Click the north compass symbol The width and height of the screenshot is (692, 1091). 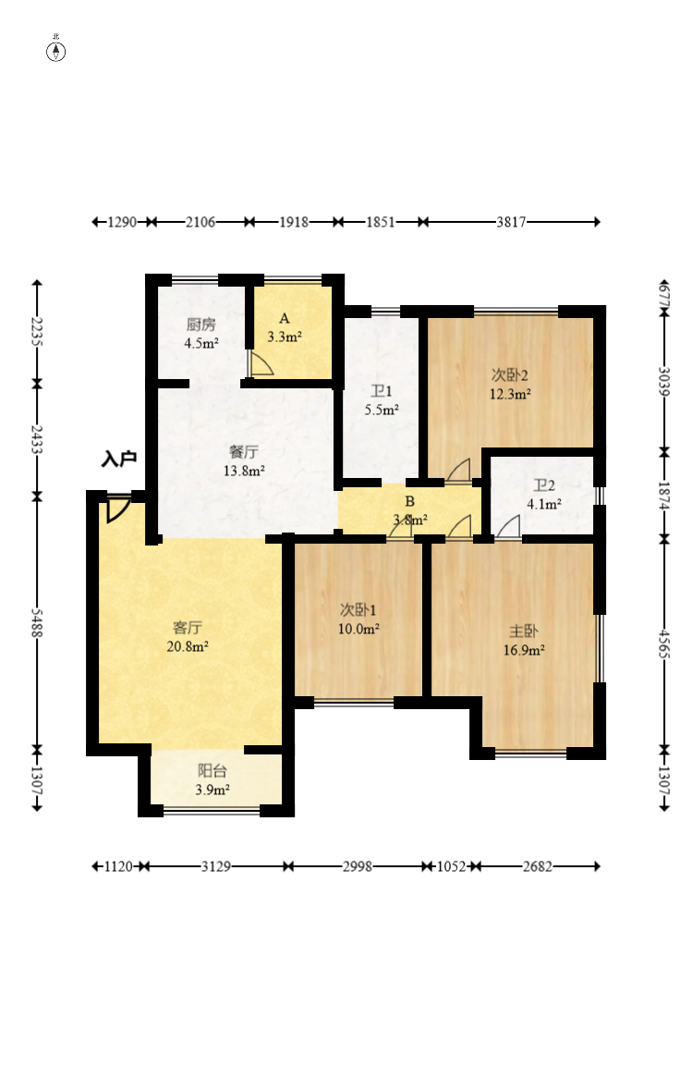(x=55, y=51)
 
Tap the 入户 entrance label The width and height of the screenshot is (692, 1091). (x=119, y=459)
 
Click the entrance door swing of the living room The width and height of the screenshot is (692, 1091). (x=116, y=510)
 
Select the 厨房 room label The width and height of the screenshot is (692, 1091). (x=201, y=325)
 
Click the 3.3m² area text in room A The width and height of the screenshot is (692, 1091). (x=285, y=337)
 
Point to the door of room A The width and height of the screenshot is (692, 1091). (x=261, y=363)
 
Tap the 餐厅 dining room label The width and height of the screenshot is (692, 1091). (x=243, y=451)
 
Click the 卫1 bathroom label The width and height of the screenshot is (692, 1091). (x=382, y=391)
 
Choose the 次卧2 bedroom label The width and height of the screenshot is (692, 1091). (x=510, y=375)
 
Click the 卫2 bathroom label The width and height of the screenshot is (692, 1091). (x=544, y=485)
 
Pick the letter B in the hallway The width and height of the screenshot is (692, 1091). (x=409, y=501)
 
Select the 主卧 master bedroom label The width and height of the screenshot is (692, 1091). (x=523, y=631)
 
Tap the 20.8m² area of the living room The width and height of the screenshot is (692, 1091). (x=188, y=646)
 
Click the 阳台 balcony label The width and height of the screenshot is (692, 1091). (x=212, y=770)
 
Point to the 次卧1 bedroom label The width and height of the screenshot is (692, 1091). (x=358, y=610)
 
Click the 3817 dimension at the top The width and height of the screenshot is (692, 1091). (x=511, y=222)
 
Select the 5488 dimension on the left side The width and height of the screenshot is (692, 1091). (x=37, y=622)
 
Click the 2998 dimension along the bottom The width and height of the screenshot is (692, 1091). (x=358, y=866)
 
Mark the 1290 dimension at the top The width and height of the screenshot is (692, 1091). (x=122, y=222)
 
